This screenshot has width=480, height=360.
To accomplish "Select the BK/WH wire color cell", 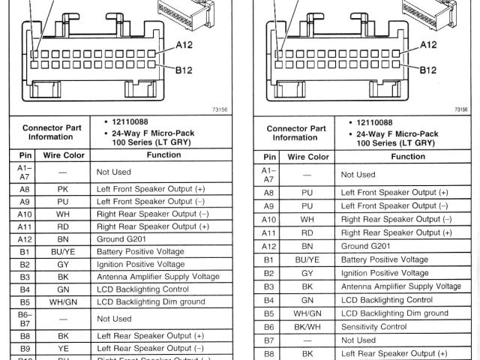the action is click(x=307, y=326).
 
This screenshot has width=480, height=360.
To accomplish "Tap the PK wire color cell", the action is click(x=62, y=190).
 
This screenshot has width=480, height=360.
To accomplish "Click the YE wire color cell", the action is click(x=62, y=348).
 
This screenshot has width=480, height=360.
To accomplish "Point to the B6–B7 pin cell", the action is click(x=25, y=318).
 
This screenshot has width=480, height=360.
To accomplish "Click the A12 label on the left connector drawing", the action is click(x=185, y=45).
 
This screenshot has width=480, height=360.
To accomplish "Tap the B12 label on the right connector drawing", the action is click(x=428, y=70).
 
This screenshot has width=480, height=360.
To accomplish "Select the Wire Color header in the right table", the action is click(x=307, y=157).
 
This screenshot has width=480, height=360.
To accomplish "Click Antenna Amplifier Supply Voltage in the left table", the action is click(x=157, y=277).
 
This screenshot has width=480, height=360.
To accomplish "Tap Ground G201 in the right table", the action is click(x=366, y=246).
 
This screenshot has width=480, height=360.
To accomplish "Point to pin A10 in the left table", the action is click(x=25, y=214).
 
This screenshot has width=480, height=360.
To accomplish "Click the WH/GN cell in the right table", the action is click(x=307, y=313).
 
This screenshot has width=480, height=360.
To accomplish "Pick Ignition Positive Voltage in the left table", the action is click(x=140, y=264).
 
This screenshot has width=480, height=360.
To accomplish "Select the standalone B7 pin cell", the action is click(x=268, y=340).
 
